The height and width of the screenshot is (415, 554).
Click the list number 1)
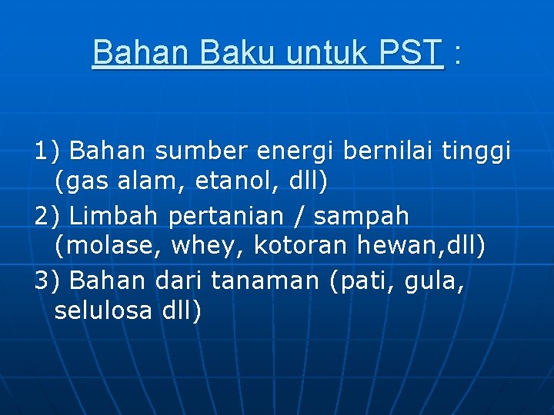pyautogui.click(x=48, y=151)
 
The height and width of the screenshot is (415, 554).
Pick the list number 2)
pyautogui.click(x=48, y=216)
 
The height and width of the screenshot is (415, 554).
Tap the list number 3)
pyautogui.click(x=48, y=281)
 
